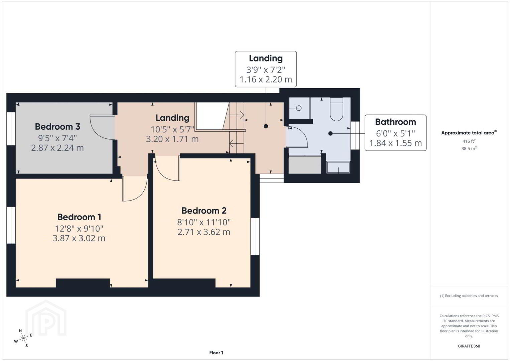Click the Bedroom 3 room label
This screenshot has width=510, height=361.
[x=57, y=127]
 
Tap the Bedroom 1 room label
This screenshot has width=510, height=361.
[x=79, y=217]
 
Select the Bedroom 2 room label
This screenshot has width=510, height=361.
[x=204, y=211]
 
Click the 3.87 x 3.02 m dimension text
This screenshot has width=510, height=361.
[x=79, y=238]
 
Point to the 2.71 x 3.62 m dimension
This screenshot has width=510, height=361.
[x=204, y=232]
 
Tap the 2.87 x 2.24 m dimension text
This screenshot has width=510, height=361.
[x=57, y=148]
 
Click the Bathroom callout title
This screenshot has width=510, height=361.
[x=395, y=122]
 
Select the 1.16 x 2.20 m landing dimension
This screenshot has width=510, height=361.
[x=266, y=79]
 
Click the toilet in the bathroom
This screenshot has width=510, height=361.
[x=336, y=109]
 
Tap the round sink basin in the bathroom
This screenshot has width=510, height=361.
[x=299, y=108]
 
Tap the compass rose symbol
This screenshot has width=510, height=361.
[x=23, y=339]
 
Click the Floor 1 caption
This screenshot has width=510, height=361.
[x=216, y=353]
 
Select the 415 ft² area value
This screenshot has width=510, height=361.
[x=469, y=141]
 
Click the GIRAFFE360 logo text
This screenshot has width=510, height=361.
[x=469, y=346]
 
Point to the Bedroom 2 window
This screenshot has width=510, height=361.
[x=255, y=236]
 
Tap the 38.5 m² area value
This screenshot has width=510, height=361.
[x=469, y=148]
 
